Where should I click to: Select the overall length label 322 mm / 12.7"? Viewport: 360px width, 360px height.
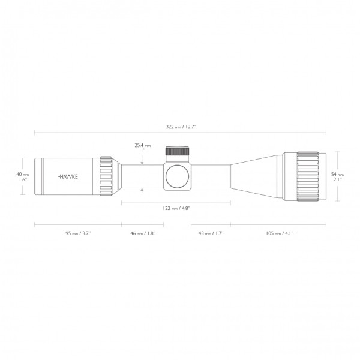180,126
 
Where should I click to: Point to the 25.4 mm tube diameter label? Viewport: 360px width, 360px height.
142,145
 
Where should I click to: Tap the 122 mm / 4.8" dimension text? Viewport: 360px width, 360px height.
176,209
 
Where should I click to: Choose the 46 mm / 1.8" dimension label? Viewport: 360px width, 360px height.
142,233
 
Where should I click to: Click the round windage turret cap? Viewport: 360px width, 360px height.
178,176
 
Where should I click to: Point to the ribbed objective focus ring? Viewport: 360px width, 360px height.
308,176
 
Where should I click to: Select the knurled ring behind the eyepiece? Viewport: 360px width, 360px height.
106,176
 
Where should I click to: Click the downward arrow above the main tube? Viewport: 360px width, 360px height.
142,158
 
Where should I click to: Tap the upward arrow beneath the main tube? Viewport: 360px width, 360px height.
142,191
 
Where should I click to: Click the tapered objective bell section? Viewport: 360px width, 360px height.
258,176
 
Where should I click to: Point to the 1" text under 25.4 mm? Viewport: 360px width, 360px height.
142,151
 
